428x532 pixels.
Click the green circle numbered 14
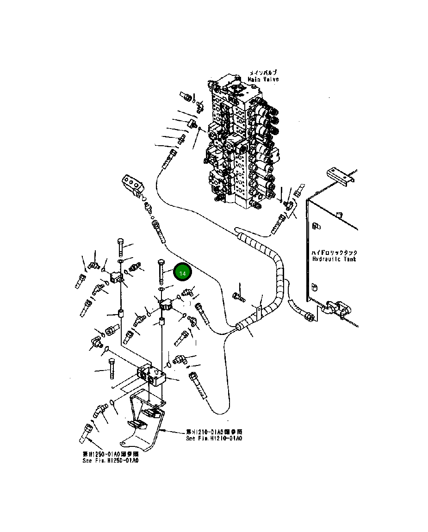tap(182, 273)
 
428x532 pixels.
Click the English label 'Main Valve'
tap(263, 80)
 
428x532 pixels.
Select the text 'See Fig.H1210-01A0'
tap(214, 438)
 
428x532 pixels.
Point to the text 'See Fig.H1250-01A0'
tap(110, 460)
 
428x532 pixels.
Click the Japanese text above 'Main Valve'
tap(263, 73)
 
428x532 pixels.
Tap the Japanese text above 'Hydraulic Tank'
tap(335, 253)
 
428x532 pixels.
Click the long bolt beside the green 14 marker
tap(161, 272)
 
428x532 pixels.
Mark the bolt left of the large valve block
tap(111, 368)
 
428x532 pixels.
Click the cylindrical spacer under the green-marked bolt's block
tap(162, 322)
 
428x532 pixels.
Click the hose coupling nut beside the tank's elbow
tap(309, 316)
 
